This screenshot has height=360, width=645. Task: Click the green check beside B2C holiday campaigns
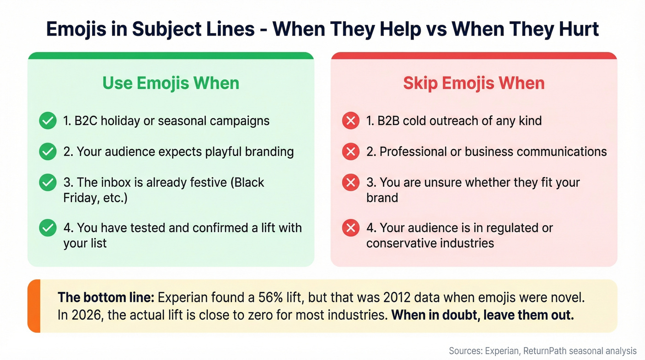pyautogui.click(x=47, y=121)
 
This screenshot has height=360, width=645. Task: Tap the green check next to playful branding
pyautogui.click(x=47, y=152)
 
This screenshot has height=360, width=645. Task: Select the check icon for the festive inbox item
pyautogui.click(x=47, y=183)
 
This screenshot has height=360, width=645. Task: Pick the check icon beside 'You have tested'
pyautogui.click(x=47, y=228)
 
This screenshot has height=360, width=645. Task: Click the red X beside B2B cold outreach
pyautogui.click(x=351, y=121)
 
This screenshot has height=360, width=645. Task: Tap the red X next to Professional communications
pyautogui.click(x=351, y=152)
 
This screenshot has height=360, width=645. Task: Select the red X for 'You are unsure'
pyautogui.click(x=351, y=183)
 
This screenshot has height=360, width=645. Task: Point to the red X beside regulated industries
pyautogui.click(x=351, y=228)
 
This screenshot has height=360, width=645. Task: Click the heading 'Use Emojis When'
pyautogui.click(x=170, y=83)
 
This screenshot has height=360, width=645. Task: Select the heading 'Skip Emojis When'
pyautogui.click(x=474, y=83)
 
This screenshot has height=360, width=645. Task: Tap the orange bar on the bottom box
pyautogui.click(x=34, y=306)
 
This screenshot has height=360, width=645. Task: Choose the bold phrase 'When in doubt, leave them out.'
pyautogui.click(x=482, y=316)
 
